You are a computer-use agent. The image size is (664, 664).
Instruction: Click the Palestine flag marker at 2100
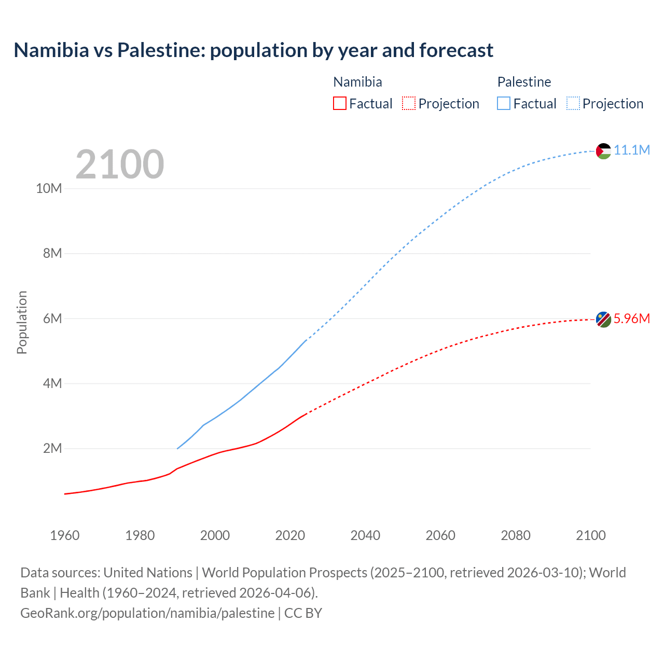click(603, 151)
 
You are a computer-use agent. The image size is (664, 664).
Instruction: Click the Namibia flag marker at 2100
click(603, 320)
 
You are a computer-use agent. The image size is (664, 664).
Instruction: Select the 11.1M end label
click(632, 150)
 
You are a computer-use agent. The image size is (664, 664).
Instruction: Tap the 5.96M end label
click(632, 319)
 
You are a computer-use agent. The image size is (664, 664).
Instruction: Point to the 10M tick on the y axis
click(49, 188)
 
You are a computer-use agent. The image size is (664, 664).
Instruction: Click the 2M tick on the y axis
click(52, 448)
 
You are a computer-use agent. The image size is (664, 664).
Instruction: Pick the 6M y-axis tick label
click(52, 319)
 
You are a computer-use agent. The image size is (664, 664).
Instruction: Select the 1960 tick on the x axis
click(65, 535)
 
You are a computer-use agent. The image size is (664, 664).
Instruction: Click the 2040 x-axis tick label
click(365, 535)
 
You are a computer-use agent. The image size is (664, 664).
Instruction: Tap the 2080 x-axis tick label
click(516, 535)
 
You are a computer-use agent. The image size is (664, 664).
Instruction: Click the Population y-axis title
click(22, 322)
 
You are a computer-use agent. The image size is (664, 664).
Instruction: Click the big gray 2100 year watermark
click(120, 164)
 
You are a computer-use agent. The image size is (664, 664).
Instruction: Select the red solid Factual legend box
click(340, 103)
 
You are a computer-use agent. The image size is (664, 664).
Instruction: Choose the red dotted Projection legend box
click(409, 103)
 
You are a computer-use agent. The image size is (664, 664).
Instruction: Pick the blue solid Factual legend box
click(504, 103)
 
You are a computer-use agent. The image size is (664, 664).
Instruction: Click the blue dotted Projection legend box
click(573, 103)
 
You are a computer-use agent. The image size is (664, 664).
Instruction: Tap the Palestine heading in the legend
click(524, 82)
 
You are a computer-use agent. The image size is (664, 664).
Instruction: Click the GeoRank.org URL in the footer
click(147, 613)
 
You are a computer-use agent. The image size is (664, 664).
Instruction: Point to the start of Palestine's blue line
click(177, 448)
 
